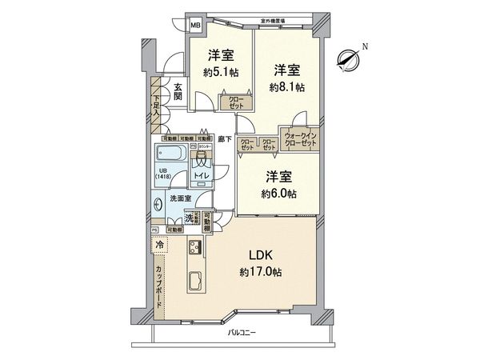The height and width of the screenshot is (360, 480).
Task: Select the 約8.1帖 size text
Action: coord(286,88)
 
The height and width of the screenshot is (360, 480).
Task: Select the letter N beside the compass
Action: coord(365,46)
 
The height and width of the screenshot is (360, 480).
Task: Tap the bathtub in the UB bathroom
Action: coord(171,152)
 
